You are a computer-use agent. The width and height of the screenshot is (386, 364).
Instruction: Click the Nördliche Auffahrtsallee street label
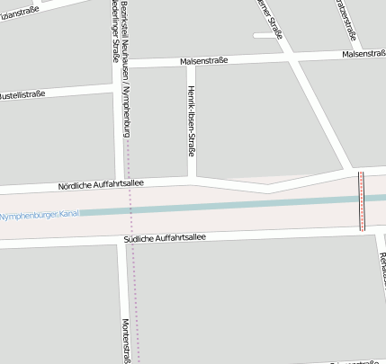[101, 184]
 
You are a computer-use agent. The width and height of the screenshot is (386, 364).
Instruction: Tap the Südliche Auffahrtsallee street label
[166, 238]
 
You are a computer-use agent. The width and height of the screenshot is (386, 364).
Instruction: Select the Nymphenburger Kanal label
[40, 215]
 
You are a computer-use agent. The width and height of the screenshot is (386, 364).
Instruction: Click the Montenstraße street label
[127, 342]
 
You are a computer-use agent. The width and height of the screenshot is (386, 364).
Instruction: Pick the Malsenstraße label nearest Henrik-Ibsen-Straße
[203, 61]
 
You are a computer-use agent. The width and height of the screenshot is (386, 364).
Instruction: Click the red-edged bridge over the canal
[362, 200]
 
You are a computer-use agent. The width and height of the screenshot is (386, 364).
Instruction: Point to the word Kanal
[68, 214]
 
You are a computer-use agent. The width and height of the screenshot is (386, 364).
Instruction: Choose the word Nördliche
[77, 185]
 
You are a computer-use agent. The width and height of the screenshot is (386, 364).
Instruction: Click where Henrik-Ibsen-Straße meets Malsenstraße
[187, 63]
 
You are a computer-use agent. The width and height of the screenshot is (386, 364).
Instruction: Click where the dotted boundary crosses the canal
[131, 210]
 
